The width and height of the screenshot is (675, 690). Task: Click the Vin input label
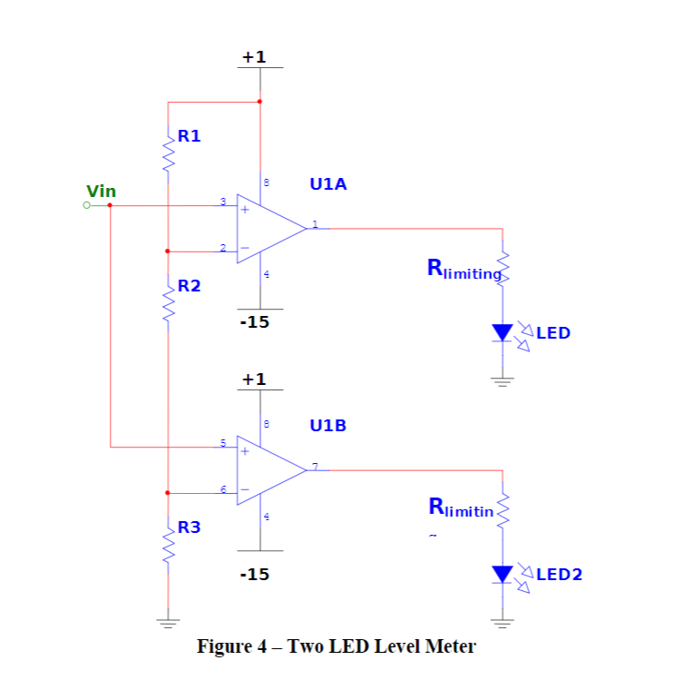[x=101, y=191]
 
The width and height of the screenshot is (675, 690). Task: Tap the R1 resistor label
[x=189, y=136]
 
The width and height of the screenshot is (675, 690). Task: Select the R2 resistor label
[x=189, y=286]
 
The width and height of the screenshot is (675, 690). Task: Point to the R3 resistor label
[x=189, y=527]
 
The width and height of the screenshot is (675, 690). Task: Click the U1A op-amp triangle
[x=269, y=229]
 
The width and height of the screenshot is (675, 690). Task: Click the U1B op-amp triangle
[x=269, y=470]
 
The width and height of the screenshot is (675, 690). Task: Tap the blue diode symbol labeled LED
[x=503, y=332]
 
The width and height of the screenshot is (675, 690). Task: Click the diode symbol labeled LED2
[x=503, y=574]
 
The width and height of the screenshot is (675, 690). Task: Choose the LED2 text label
[x=559, y=574]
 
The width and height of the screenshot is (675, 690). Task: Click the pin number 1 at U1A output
[x=315, y=223]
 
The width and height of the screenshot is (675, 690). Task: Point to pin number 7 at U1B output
[x=315, y=466]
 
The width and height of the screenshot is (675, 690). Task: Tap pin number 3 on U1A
[x=222, y=201]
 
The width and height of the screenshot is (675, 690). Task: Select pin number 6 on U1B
[x=222, y=489]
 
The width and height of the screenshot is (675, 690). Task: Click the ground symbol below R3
[x=168, y=623]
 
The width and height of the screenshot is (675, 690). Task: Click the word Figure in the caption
[x=223, y=646]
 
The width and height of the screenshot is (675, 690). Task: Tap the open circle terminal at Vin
[x=86, y=205]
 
